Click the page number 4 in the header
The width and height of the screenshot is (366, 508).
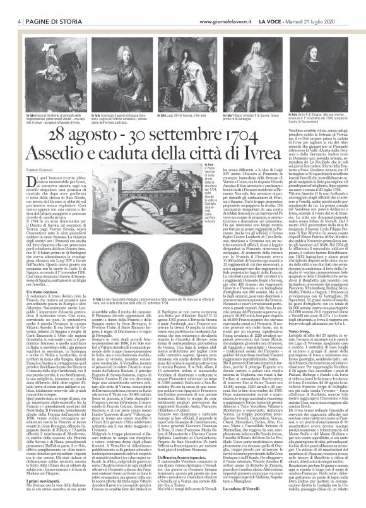(13, 6)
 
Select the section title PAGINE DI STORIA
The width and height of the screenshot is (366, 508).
(42, 6)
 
